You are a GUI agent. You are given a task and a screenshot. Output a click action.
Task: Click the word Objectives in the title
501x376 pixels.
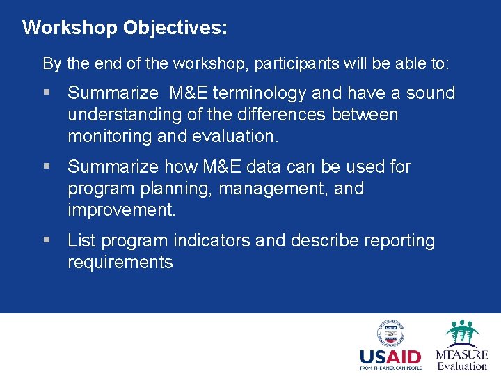point(175,28)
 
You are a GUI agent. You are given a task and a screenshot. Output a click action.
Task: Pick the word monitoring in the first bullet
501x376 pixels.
point(110,136)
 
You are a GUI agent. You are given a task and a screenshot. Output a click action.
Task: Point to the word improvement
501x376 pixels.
point(122,210)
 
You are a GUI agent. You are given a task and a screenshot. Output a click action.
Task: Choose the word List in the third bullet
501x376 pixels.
point(81,241)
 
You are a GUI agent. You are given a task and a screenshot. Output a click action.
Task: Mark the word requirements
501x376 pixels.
point(120,263)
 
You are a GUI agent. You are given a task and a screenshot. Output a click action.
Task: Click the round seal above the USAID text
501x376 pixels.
point(390,334)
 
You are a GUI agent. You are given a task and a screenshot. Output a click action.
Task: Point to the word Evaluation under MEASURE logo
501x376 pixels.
point(462,366)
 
